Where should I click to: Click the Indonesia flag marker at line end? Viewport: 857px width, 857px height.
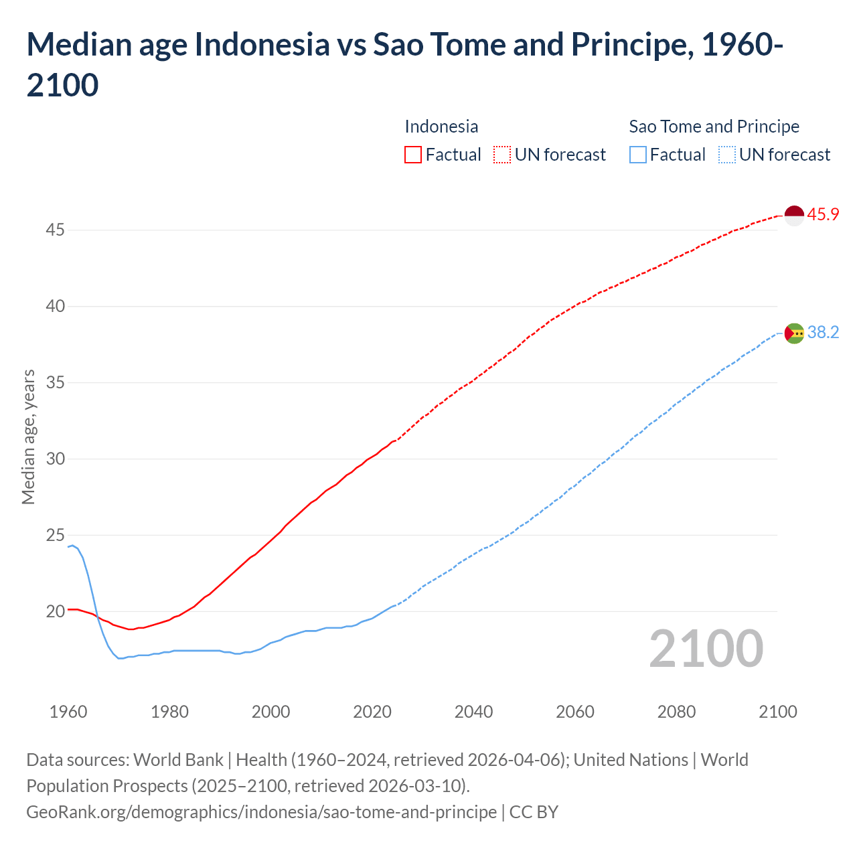[794, 216]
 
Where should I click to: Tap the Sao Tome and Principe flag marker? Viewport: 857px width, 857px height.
[794, 333]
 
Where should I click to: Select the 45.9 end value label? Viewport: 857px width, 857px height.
[823, 214]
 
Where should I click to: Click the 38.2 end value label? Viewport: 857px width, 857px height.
[823, 332]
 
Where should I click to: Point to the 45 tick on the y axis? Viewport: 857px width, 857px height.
[55, 230]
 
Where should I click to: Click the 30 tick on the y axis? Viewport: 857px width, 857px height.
[55, 459]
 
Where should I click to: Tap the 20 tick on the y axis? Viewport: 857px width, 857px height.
[55, 611]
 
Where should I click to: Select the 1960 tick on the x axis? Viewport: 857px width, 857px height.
[68, 712]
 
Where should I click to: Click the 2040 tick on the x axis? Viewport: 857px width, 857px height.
[473, 712]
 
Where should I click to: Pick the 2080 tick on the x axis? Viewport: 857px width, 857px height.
[676, 712]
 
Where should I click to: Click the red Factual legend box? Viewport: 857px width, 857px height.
[413, 155]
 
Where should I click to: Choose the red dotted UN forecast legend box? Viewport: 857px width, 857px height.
[502, 155]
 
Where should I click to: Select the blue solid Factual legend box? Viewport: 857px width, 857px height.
[638, 155]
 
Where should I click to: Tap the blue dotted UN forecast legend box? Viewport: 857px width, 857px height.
[726, 155]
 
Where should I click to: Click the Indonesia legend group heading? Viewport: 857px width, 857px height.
[441, 127]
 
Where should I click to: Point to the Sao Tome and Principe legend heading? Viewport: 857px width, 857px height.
[714, 127]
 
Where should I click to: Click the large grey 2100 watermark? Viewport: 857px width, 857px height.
[706, 649]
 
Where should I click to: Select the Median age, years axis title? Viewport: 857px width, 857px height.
[28, 436]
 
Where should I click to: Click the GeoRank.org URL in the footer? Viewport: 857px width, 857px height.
[262, 812]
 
